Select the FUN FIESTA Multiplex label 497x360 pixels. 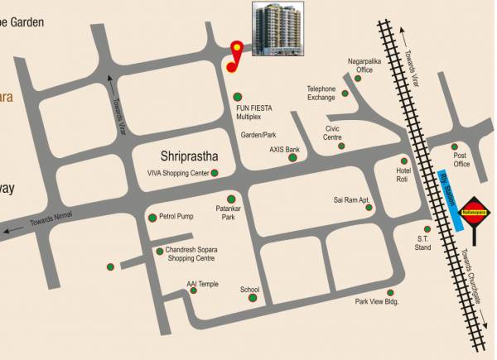(254, 112)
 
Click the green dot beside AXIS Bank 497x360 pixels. (292, 157)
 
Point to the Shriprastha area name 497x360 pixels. (189, 156)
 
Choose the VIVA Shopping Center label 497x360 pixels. (173, 173)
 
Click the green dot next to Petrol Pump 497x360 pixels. (152, 218)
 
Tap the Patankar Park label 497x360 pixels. (228, 213)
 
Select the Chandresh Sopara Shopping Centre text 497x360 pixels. (191, 253)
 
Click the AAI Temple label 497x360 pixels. (203, 284)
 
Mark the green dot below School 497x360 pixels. (252, 298)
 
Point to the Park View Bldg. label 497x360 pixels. (377, 301)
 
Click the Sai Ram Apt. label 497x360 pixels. (350, 199)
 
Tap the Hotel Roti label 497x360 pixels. (403, 175)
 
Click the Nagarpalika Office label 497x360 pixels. (365, 65)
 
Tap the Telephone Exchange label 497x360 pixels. (321, 93)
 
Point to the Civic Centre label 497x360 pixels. (333, 133)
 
